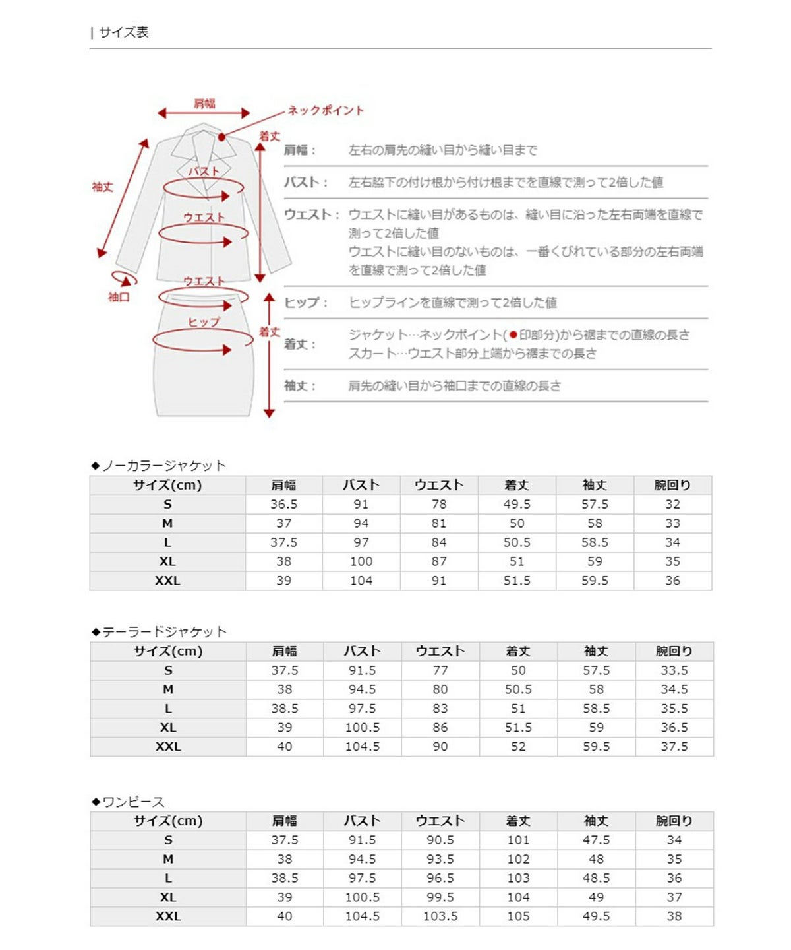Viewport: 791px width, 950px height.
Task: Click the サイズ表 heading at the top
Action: pyautogui.click(x=123, y=32)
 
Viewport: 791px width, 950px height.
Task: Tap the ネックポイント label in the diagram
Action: pyautogui.click(x=326, y=111)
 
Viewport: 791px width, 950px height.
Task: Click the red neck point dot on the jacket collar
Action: pyautogui.click(x=222, y=137)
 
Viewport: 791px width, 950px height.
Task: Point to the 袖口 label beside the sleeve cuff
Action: pyautogui.click(x=119, y=298)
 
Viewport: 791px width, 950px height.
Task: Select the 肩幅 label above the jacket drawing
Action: pyautogui.click(x=204, y=104)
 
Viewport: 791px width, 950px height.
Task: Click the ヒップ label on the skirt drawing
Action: pyautogui.click(x=204, y=322)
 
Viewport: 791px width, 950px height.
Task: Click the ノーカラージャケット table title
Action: pyautogui.click(x=163, y=466)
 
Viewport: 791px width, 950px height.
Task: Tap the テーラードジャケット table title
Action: pyautogui.click(x=164, y=632)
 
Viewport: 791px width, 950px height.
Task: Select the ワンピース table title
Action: pyautogui.click(x=133, y=802)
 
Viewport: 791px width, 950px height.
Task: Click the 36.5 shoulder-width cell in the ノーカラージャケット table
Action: pyautogui.click(x=283, y=505)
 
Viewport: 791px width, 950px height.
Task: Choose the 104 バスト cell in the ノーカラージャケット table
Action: pyautogui.click(x=361, y=581)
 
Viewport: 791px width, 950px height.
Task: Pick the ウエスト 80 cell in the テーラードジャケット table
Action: pyautogui.click(x=440, y=690)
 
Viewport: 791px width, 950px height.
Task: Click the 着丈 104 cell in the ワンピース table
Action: pyautogui.click(x=518, y=898)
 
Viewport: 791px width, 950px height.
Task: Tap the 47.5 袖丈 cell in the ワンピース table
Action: pyautogui.click(x=596, y=840)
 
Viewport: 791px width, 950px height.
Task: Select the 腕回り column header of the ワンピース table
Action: pyautogui.click(x=674, y=821)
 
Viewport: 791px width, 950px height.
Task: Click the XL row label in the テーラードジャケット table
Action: pyautogui.click(x=168, y=728)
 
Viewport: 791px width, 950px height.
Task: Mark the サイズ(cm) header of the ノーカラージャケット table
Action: pyautogui.click(x=167, y=486)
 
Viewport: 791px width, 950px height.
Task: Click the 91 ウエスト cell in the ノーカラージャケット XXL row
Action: pyautogui.click(x=439, y=581)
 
